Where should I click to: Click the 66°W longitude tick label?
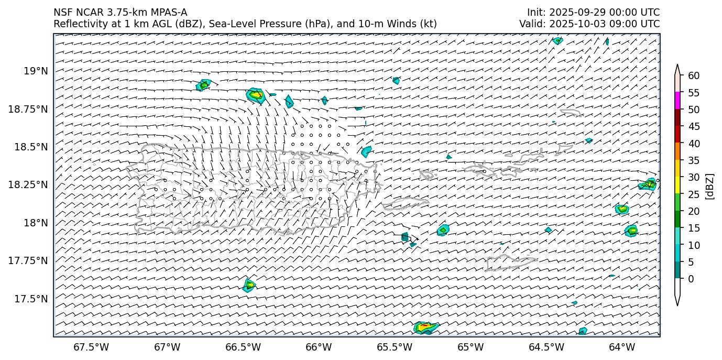(319, 347)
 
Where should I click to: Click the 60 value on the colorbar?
(693, 76)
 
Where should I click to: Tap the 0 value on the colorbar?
(691, 279)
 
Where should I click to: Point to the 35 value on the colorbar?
(693, 160)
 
